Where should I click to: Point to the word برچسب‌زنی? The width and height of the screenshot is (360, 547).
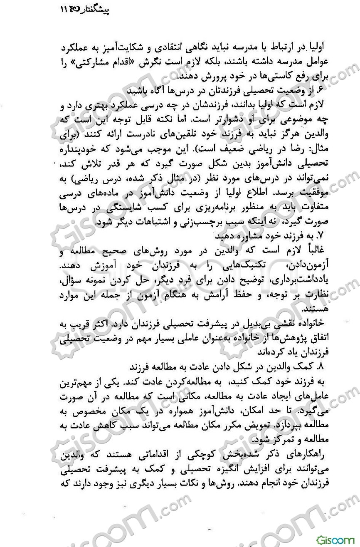tap(190, 223)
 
